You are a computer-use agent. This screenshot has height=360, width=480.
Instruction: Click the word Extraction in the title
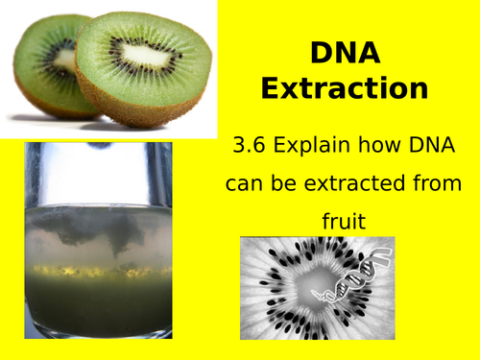pyautogui.click(x=345, y=89)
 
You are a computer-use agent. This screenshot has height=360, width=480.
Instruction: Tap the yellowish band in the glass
pyautogui.click(x=96, y=271)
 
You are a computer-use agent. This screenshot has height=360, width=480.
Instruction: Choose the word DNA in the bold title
pyautogui.click(x=345, y=52)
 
